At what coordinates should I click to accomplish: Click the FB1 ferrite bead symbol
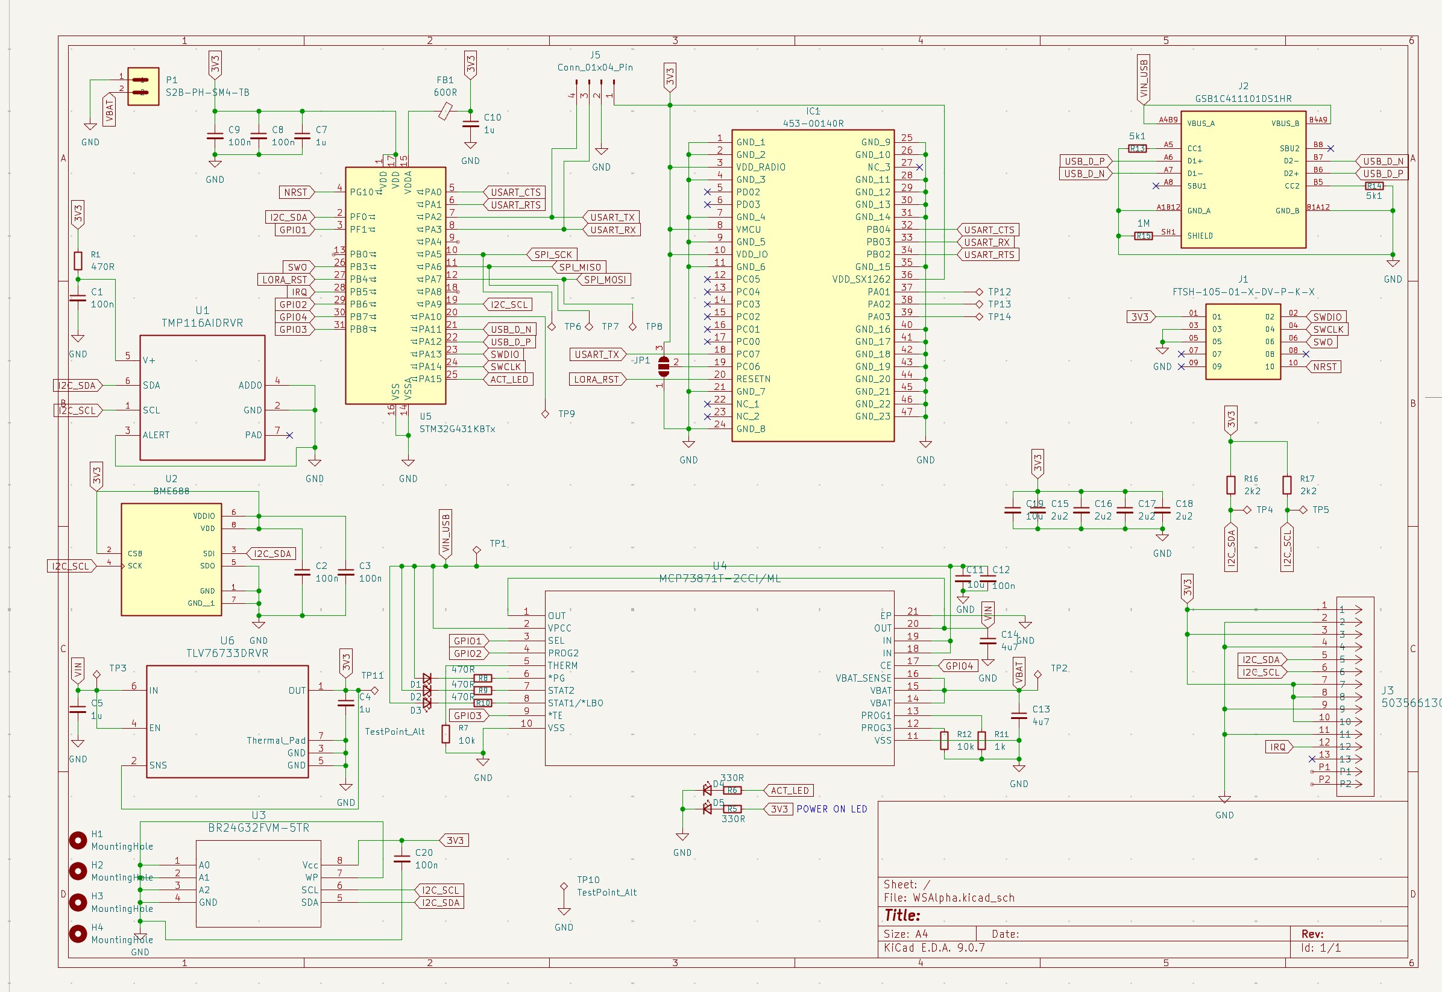tap(445, 112)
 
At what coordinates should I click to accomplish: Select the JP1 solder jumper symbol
tap(663, 366)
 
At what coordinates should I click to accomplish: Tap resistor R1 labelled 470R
tap(78, 260)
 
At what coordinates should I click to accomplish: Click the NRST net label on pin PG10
tap(296, 193)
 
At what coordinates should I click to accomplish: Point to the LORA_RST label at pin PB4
tap(285, 280)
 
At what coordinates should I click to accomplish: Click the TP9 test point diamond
tap(545, 414)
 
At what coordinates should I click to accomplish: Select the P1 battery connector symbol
tap(143, 86)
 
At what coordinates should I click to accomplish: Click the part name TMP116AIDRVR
tap(202, 323)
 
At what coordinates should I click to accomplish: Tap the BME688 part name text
tap(171, 491)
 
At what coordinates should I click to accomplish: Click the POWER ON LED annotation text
tap(832, 809)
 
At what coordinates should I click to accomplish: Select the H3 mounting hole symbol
tap(78, 902)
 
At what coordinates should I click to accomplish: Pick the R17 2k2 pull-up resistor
tap(1287, 485)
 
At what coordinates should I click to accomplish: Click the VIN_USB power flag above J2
tap(1144, 80)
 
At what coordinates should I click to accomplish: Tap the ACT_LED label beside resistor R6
tap(789, 791)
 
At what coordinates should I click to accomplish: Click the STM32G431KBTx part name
tap(457, 429)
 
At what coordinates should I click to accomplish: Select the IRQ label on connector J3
tap(1277, 747)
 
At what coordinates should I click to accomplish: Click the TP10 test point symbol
tap(564, 887)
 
